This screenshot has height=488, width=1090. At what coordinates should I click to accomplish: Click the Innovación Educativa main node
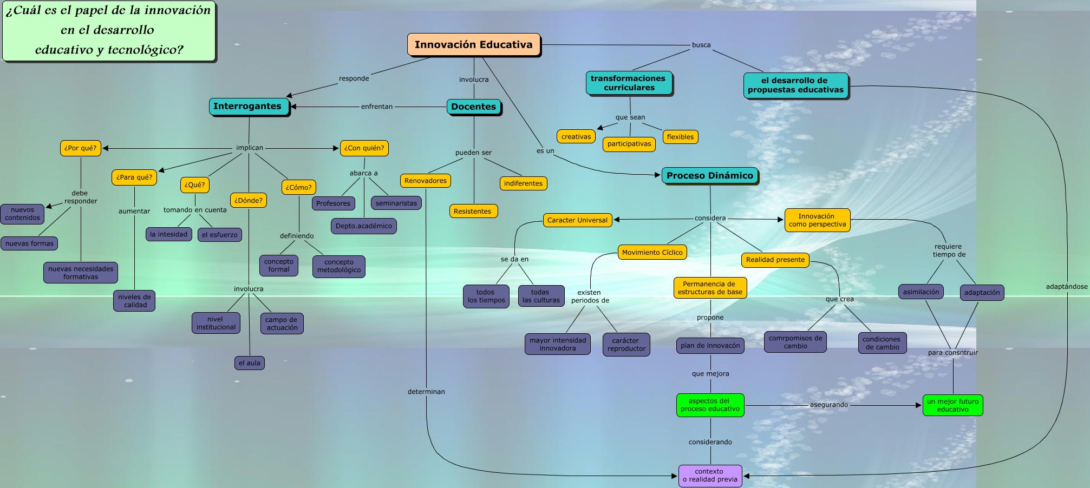pyautogui.click(x=474, y=45)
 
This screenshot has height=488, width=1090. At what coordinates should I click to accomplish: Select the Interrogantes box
pyautogui.click(x=249, y=107)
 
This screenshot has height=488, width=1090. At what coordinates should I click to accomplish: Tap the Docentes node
pyautogui.click(x=474, y=107)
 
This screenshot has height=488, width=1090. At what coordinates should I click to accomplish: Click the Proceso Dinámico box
pyautogui.click(x=710, y=176)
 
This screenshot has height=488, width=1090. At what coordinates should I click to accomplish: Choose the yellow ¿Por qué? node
pyautogui.click(x=80, y=148)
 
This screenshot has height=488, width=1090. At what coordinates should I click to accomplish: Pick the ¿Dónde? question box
pyautogui.click(x=249, y=200)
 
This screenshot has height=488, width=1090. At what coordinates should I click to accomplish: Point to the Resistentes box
pyautogui.click(x=473, y=211)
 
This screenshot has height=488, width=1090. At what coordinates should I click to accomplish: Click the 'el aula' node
pyautogui.click(x=250, y=363)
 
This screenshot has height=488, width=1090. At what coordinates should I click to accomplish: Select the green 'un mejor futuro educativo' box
pyautogui.click(x=952, y=405)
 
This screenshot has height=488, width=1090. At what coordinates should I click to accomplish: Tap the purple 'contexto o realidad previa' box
pyautogui.click(x=710, y=476)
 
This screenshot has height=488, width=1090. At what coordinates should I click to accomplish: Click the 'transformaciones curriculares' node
pyautogui.click(x=629, y=83)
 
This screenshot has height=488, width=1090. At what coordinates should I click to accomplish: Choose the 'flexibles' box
pyautogui.click(x=680, y=137)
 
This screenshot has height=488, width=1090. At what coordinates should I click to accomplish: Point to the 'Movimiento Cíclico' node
pyautogui.click(x=652, y=253)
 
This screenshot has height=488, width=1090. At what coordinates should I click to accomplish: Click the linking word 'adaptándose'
pyautogui.click(x=1066, y=287)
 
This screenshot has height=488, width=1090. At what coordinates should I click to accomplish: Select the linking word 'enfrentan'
pyautogui.click(x=377, y=107)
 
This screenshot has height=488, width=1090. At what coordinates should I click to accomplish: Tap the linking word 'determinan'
pyautogui.click(x=426, y=392)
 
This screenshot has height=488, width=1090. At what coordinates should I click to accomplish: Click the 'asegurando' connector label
pyautogui.click(x=829, y=405)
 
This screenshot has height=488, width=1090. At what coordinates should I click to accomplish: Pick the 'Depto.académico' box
pyautogui.click(x=364, y=226)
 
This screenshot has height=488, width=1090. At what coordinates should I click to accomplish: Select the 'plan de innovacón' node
pyautogui.click(x=710, y=346)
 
